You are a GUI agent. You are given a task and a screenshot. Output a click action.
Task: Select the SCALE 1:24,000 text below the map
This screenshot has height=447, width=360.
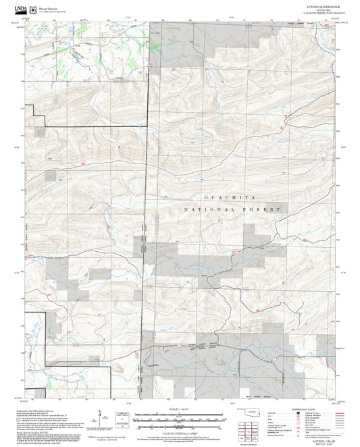(x=180, y=409)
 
